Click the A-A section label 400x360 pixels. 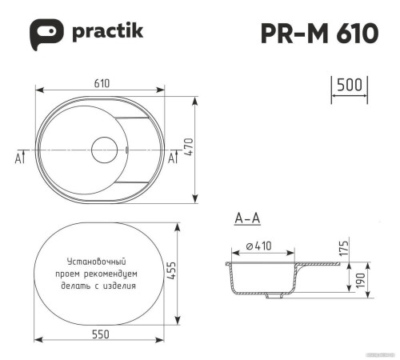pos(247,218)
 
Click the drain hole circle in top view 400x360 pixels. pos(106,150)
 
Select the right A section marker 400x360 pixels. pos(171,158)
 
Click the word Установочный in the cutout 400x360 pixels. pos(97,262)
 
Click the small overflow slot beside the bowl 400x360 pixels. pos(128,150)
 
